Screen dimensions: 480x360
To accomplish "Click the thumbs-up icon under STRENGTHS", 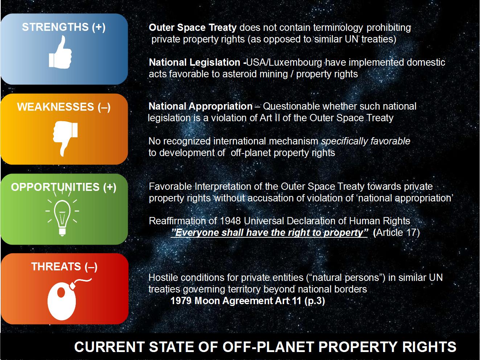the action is click(60, 53).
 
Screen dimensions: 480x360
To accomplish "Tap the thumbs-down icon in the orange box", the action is click(65, 138).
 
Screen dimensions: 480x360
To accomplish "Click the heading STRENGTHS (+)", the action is click(63, 27).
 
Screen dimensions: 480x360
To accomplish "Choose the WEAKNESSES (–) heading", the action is click(63, 107).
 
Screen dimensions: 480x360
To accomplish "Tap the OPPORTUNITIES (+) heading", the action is click(63, 187).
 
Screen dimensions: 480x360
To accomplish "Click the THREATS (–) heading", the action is click(64, 267).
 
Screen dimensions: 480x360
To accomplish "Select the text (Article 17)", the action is click(396, 233).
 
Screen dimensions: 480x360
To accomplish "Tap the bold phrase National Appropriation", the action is click(201, 107).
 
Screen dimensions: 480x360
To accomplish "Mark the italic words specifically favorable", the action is click(366, 141).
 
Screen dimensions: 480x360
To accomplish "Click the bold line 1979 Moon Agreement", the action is click(247, 301).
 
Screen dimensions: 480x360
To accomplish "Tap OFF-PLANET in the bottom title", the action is click(268, 347).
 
